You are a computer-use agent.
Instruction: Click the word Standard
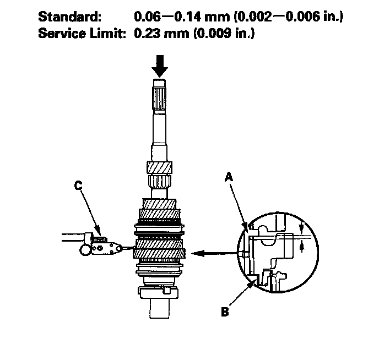coord(70,17)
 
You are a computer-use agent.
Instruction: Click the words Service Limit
coord(82,33)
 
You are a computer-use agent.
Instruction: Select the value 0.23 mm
coord(161,33)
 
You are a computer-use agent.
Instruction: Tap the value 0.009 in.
coord(224,33)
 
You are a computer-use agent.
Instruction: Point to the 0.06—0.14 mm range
coord(182,17)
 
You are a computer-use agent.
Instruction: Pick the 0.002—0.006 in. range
coord(289,17)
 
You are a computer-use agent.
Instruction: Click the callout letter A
coord(229,177)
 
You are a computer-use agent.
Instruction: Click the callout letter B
coord(225,312)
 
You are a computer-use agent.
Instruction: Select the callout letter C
coord(78,186)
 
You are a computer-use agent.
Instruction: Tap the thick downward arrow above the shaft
coord(160,66)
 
